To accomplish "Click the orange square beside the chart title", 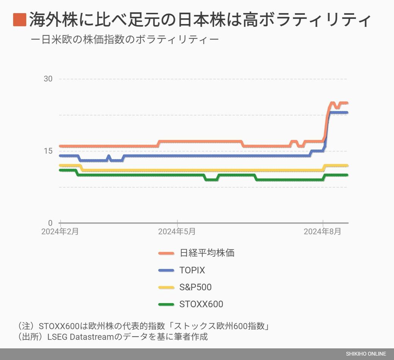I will coord(20,20).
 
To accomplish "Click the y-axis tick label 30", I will coord(48,79).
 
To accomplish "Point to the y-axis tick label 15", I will coord(48,151).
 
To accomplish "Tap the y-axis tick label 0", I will coord(50,223).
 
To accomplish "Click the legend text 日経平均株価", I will coord(207,253).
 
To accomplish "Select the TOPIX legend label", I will coord(192,270).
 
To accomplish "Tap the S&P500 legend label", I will coord(195,287).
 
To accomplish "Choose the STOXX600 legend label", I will coord(201,304).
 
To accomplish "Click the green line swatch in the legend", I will coord(166,304).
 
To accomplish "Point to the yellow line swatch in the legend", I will coord(166,287).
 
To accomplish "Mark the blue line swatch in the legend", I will coord(166,270).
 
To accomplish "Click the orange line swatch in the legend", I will coord(166,253).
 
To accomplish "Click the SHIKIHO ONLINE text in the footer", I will coord(366,354).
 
